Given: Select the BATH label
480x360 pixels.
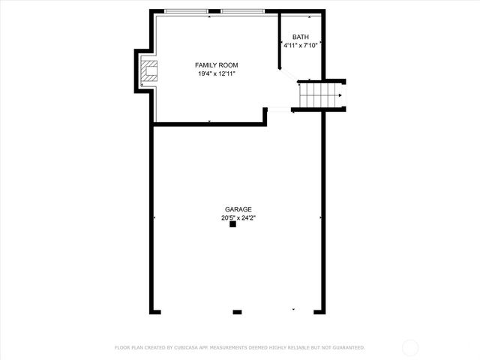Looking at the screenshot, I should [x=300, y=37].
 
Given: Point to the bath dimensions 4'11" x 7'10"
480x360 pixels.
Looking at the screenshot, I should [x=300, y=45].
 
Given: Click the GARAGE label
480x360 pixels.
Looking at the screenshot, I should [x=238, y=209].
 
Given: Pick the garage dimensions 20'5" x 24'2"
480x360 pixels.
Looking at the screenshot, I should [x=238, y=218].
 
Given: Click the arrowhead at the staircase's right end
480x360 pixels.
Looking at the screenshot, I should [x=340, y=95].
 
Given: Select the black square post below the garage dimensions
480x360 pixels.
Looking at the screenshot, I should [x=232, y=223].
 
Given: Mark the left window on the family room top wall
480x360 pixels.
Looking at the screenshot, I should [x=186, y=11].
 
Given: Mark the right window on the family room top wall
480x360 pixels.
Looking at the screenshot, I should [x=242, y=11].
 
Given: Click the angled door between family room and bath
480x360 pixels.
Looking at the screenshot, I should [x=287, y=76].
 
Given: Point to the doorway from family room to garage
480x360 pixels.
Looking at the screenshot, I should [x=280, y=110].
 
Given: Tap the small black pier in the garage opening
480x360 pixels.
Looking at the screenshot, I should [x=237, y=311].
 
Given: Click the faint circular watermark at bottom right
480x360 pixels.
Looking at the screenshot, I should [x=410, y=347].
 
